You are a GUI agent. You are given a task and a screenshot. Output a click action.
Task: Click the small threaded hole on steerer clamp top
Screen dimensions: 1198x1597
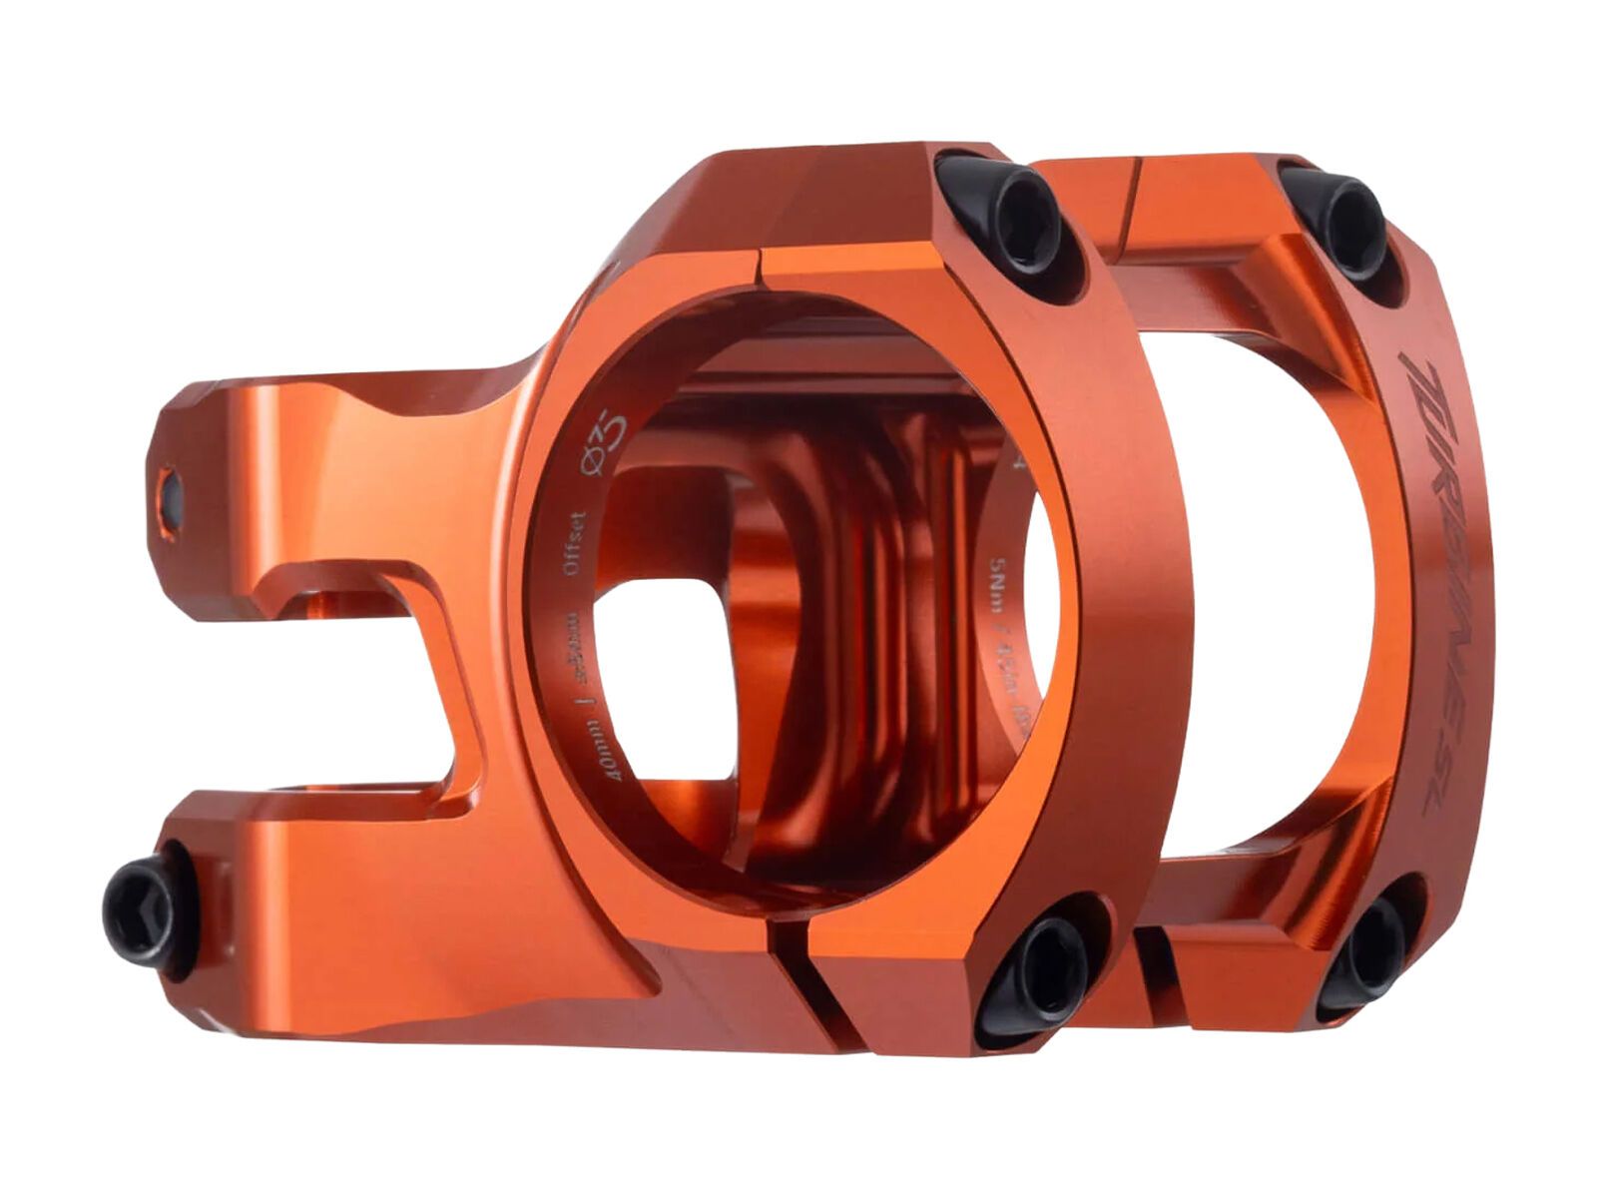(171, 496)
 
